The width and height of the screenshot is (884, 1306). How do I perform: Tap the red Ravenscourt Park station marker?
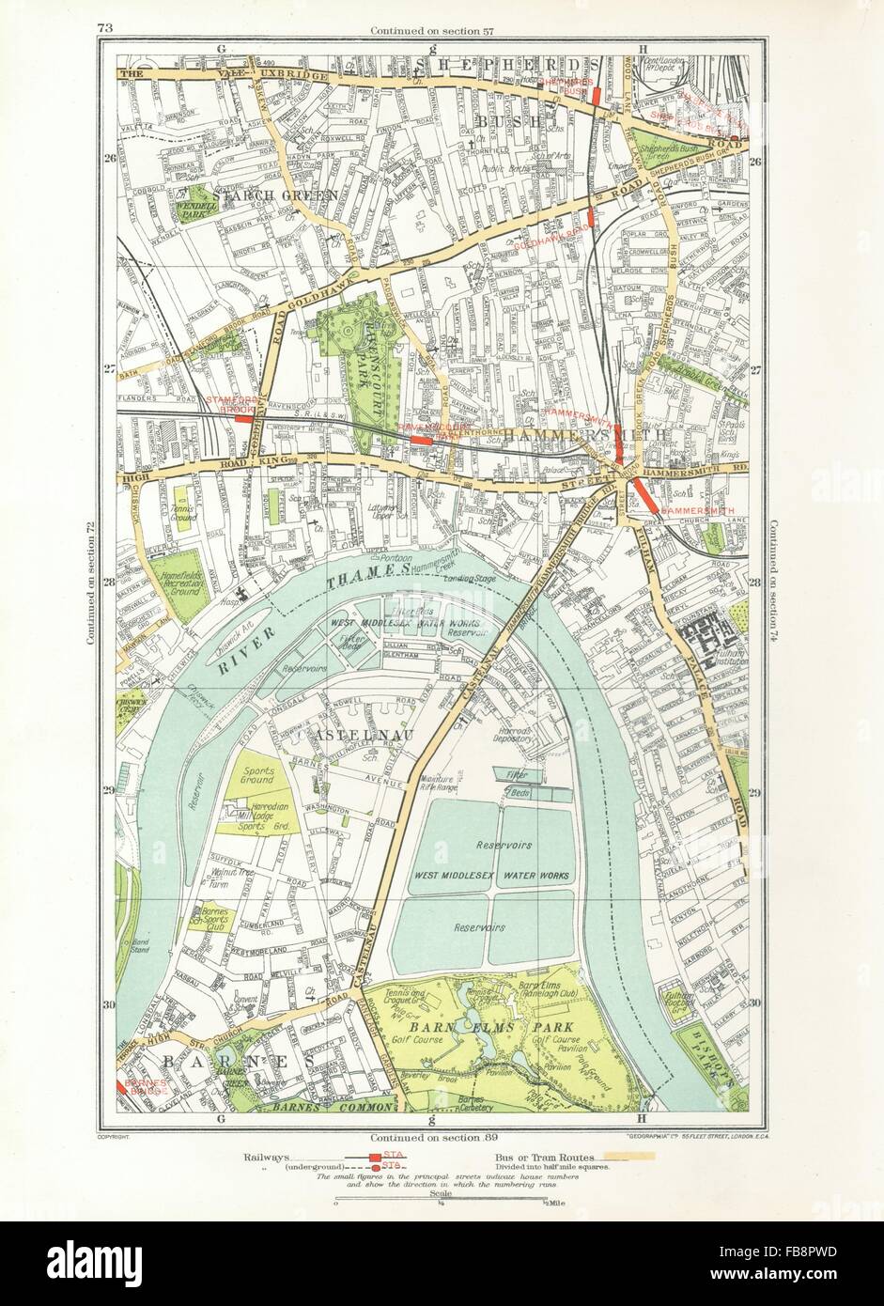click(x=422, y=439)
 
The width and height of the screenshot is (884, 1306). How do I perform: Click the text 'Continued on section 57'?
click(x=432, y=30)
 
